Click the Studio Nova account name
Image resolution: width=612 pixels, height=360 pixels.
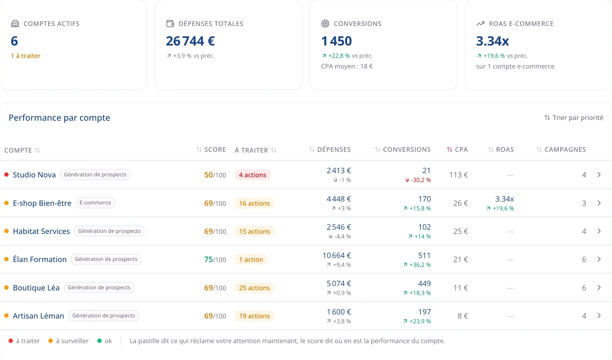pyautogui.click(x=34, y=175)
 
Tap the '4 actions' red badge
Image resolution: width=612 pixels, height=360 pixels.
pyautogui.click(x=253, y=175)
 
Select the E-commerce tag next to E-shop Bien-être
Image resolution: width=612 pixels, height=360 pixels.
pyautogui.click(x=95, y=203)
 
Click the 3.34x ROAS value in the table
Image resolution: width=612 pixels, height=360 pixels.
pyautogui.click(x=504, y=199)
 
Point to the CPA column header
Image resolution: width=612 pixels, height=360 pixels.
pyautogui.click(x=457, y=149)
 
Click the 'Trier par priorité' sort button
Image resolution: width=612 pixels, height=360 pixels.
pyautogui.click(x=574, y=118)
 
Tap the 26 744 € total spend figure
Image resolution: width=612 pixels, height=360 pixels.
pyautogui.click(x=190, y=41)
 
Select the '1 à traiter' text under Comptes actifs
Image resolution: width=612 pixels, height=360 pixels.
pyautogui.click(x=26, y=56)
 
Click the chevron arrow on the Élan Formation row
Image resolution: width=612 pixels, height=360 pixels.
pyautogui.click(x=599, y=259)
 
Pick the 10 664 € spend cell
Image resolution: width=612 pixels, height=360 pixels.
pyautogui.click(x=337, y=255)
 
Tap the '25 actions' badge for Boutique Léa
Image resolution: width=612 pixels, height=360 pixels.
pyautogui.click(x=254, y=288)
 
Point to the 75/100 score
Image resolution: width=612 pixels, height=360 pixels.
pyautogui.click(x=215, y=259)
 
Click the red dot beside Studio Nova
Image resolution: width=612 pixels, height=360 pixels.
pyautogui.click(x=7, y=175)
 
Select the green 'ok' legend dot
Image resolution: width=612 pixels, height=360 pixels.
pyautogui.click(x=100, y=341)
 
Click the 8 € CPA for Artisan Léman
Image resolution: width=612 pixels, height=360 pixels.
pyautogui.click(x=463, y=316)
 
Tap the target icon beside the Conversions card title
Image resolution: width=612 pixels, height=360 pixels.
pyautogui.click(x=325, y=24)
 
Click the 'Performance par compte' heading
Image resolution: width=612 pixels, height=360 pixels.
pyautogui.click(x=59, y=118)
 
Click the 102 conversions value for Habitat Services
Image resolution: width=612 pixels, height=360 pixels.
pyautogui.click(x=424, y=227)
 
